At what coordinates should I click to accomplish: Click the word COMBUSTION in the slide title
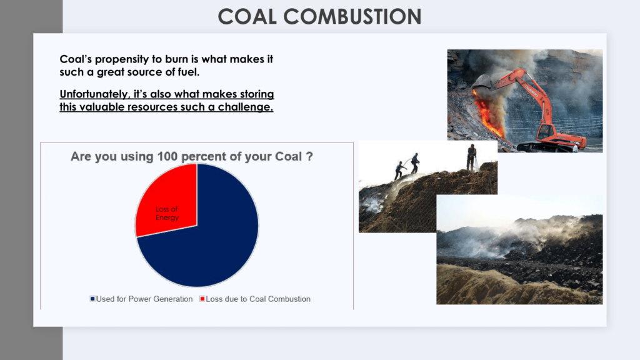coord(352,17)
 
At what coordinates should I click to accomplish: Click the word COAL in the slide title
coord(247,17)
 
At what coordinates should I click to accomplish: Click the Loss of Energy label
coord(167,214)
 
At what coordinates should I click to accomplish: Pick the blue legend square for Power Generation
coord(92,299)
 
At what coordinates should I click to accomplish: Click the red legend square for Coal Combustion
coord(202,299)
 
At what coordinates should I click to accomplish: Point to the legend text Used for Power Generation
coord(144,299)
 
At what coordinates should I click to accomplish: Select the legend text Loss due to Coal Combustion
coord(258,299)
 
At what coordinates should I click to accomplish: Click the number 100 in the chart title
coord(167,156)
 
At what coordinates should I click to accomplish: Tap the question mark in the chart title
coord(309,156)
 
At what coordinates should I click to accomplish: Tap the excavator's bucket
coord(483,82)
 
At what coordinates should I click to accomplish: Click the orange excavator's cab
coord(546,131)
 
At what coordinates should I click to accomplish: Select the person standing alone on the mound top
coord(472,157)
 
